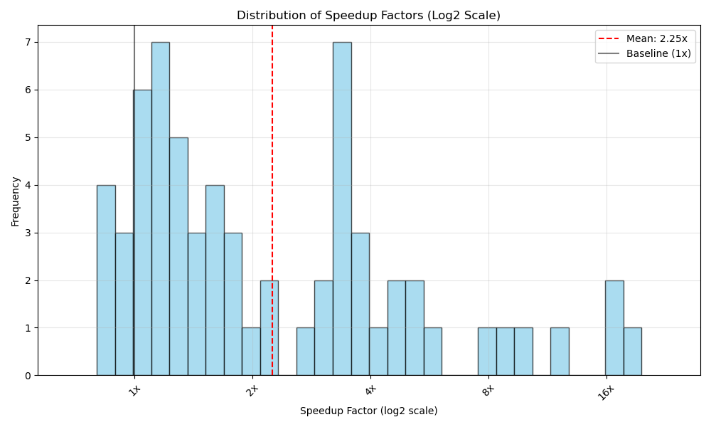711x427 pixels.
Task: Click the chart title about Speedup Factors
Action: pos(368,16)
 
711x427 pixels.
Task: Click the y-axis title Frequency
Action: pos(16,201)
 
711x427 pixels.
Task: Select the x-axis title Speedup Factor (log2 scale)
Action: pos(368,411)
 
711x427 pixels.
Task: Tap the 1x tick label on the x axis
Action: pos(134,389)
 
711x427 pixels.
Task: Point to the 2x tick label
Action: pos(252,389)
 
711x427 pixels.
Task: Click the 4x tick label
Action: pos(370,389)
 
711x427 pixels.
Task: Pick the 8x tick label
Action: pos(488,389)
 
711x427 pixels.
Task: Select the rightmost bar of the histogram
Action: pos(632,352)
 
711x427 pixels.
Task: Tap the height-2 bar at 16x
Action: pos(614,328)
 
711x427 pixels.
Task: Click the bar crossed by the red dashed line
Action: pos(269,328)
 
